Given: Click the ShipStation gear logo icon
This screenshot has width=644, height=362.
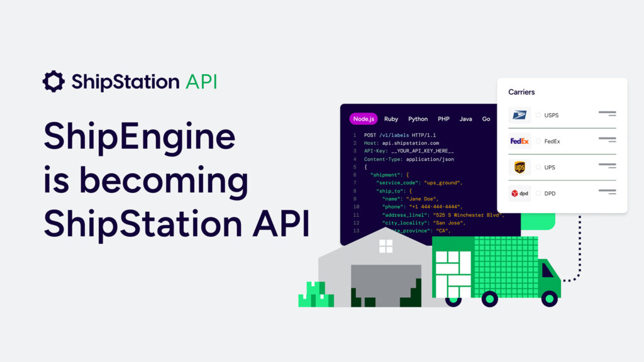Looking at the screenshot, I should click(53, 81).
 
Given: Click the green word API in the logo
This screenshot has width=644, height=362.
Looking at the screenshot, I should click(201, 81).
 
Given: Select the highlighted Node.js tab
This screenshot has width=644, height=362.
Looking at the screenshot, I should click(364, 119).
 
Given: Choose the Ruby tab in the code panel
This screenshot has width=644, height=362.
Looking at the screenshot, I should click(391, 119).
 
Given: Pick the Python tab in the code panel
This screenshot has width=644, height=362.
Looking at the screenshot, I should click(418, 119).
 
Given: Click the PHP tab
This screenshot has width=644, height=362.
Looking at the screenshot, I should click(443, 119).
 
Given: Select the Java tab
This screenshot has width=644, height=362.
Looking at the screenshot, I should click(465, 119).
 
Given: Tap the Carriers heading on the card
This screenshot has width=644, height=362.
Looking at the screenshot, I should click(521, 92).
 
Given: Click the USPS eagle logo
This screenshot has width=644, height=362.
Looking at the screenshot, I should click(519, 115).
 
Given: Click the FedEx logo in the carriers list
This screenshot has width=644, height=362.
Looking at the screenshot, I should click(519, 141).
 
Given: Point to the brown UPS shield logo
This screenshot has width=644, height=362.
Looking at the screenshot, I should click(519, 167).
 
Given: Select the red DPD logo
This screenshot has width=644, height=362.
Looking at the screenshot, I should click(519, 194).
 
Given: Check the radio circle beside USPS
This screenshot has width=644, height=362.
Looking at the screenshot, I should click(538, 115).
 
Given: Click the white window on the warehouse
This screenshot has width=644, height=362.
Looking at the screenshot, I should click(386, 246).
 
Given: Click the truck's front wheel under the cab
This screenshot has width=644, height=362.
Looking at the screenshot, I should click(548, 298).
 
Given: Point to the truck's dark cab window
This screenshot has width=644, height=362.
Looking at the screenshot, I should click(548, 271).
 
